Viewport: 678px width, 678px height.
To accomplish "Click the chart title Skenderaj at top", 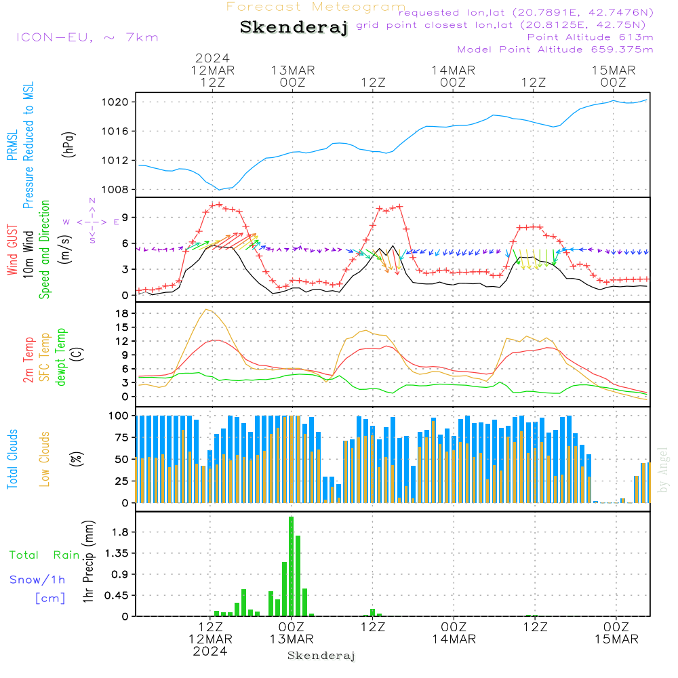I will (294, 27).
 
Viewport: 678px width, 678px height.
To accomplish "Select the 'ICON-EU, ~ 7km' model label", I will (87, 37).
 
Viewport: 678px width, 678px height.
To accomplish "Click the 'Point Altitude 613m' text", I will (590, 37).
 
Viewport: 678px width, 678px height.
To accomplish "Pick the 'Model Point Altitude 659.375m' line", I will (555, 49).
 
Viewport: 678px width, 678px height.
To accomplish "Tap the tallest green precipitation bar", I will (291, 566).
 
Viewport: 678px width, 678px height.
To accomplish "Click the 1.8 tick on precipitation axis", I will (121, 532).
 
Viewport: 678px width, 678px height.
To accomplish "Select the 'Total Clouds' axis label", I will (13, 459).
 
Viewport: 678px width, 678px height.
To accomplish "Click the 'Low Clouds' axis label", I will (45, 459).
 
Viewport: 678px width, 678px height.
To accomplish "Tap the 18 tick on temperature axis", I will (123, 313).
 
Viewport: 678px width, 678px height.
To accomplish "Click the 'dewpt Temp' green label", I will (60, 357).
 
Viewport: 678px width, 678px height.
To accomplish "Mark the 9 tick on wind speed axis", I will (125, 217).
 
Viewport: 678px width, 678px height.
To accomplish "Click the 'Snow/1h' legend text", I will (37, 580).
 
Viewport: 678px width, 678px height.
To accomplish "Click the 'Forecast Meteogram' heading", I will (316, 7).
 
